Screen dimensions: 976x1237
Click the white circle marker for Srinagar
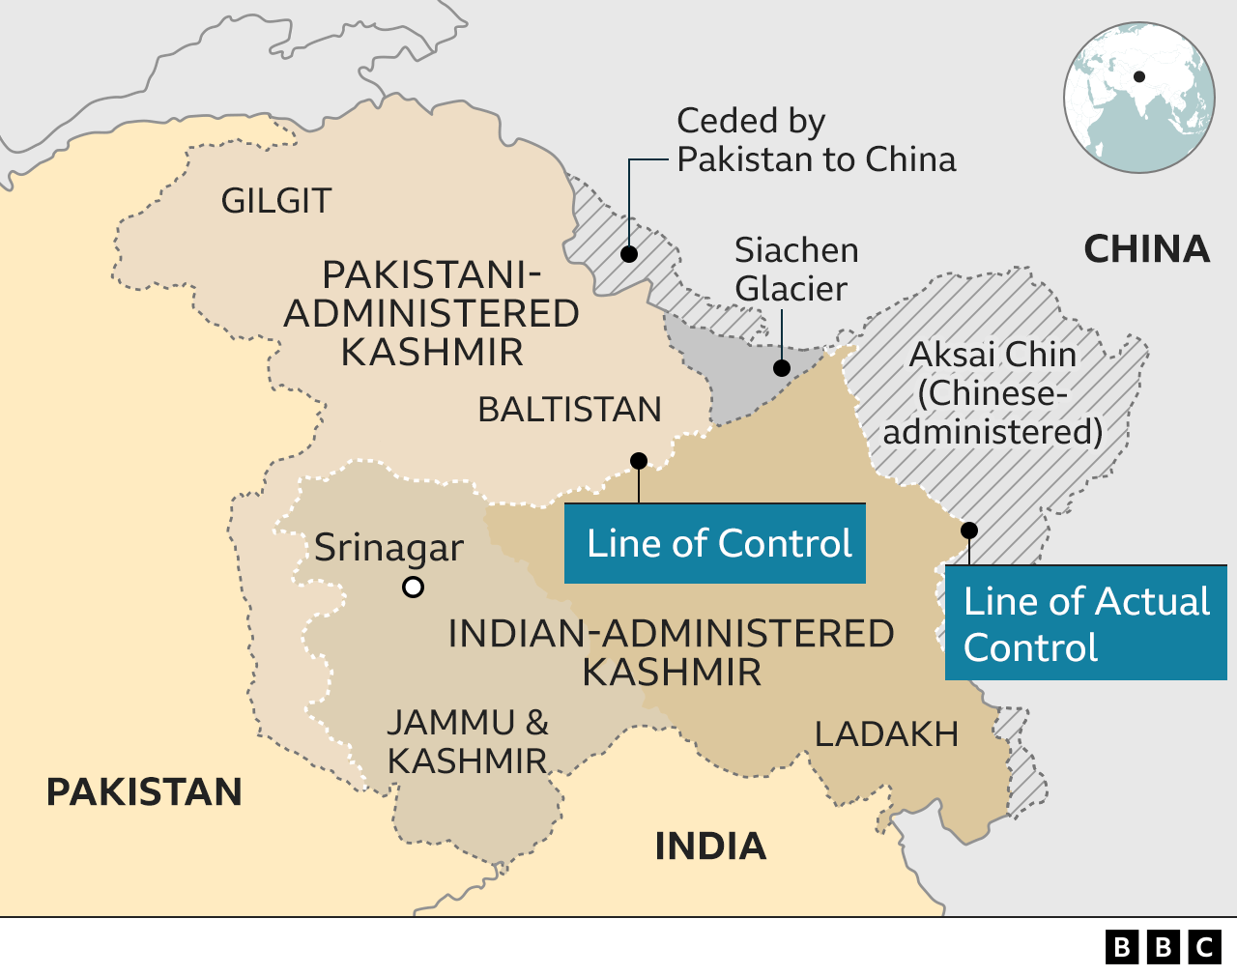413,587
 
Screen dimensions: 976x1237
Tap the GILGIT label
276,201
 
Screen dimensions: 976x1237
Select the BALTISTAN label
569,410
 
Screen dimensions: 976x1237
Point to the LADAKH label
886,734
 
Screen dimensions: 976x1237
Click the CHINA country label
1146,249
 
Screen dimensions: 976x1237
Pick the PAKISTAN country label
144,792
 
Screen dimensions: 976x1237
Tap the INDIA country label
710,847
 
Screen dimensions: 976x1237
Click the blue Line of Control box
715,543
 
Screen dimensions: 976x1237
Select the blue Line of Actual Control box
1085,623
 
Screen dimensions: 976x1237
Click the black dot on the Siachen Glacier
782,368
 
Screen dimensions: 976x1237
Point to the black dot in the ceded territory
629,254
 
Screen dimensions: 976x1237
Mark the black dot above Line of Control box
639,461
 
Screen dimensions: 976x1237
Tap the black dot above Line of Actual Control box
969,530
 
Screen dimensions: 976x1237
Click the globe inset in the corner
1139,98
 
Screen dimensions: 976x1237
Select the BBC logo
1164,947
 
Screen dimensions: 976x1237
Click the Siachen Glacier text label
795,270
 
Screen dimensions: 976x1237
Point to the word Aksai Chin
992,355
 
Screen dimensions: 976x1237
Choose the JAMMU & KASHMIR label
468,742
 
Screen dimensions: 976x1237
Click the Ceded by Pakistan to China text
816,140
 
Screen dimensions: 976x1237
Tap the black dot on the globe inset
1139,76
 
